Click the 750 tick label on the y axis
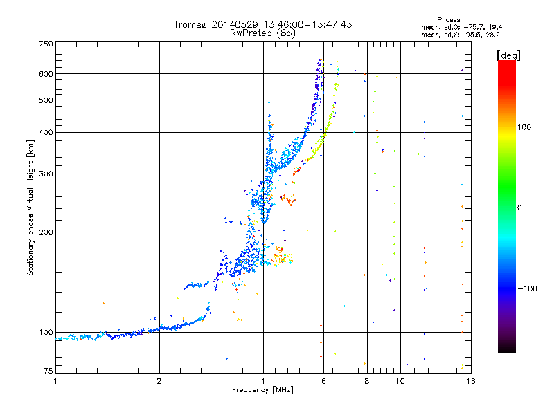[46, 44]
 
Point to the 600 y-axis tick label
[46, 73]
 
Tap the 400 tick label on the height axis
[46, 132]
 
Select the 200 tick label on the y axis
[46, 232]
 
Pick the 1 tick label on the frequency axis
[55, 381]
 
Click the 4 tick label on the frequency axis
[263, 381]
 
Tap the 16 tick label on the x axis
[470, 381]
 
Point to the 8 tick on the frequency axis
[367, 381]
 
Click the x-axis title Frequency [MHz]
[263, 390]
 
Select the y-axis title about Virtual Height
[30, 207]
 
